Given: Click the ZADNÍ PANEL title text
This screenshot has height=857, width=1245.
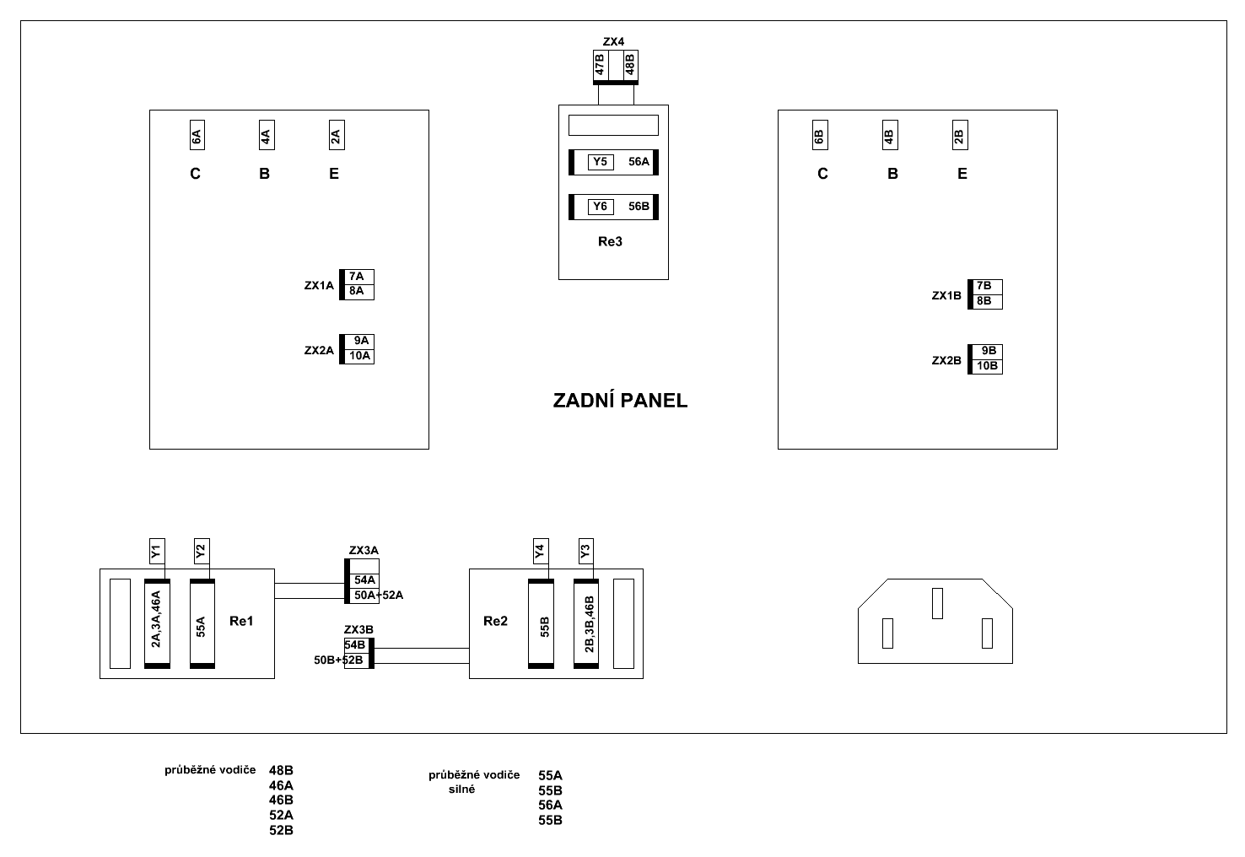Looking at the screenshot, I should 620,401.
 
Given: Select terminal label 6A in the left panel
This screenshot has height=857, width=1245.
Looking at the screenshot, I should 196,135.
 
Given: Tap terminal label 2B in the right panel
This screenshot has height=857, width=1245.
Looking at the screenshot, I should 959,135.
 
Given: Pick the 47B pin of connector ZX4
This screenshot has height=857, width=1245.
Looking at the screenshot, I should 600,66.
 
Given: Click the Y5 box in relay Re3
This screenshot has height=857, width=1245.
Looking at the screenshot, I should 600,162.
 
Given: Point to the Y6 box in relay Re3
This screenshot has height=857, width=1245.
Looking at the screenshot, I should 600,207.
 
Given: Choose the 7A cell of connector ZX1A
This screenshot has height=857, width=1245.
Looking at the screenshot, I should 357,277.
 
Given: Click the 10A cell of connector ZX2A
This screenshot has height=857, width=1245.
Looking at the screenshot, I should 360,356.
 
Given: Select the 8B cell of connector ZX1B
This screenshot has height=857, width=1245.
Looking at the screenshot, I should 984,301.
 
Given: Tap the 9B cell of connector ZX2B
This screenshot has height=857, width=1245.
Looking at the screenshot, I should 989,351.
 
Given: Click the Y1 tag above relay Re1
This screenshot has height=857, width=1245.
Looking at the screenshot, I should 156,552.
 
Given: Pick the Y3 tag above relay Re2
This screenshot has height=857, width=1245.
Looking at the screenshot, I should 585,552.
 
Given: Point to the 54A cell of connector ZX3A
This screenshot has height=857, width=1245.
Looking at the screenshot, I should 364,580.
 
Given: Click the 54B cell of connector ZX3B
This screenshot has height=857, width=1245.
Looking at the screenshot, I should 355,645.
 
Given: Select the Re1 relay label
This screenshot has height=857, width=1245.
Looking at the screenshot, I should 241,622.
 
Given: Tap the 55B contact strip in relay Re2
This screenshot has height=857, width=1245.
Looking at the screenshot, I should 545,624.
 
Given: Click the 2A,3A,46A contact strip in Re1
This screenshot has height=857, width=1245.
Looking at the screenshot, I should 156,624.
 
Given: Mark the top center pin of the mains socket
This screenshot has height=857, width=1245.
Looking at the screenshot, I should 936,603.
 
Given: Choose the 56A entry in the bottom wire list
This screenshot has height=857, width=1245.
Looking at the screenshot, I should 550,805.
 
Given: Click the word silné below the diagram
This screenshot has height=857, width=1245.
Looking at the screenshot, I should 461,790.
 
